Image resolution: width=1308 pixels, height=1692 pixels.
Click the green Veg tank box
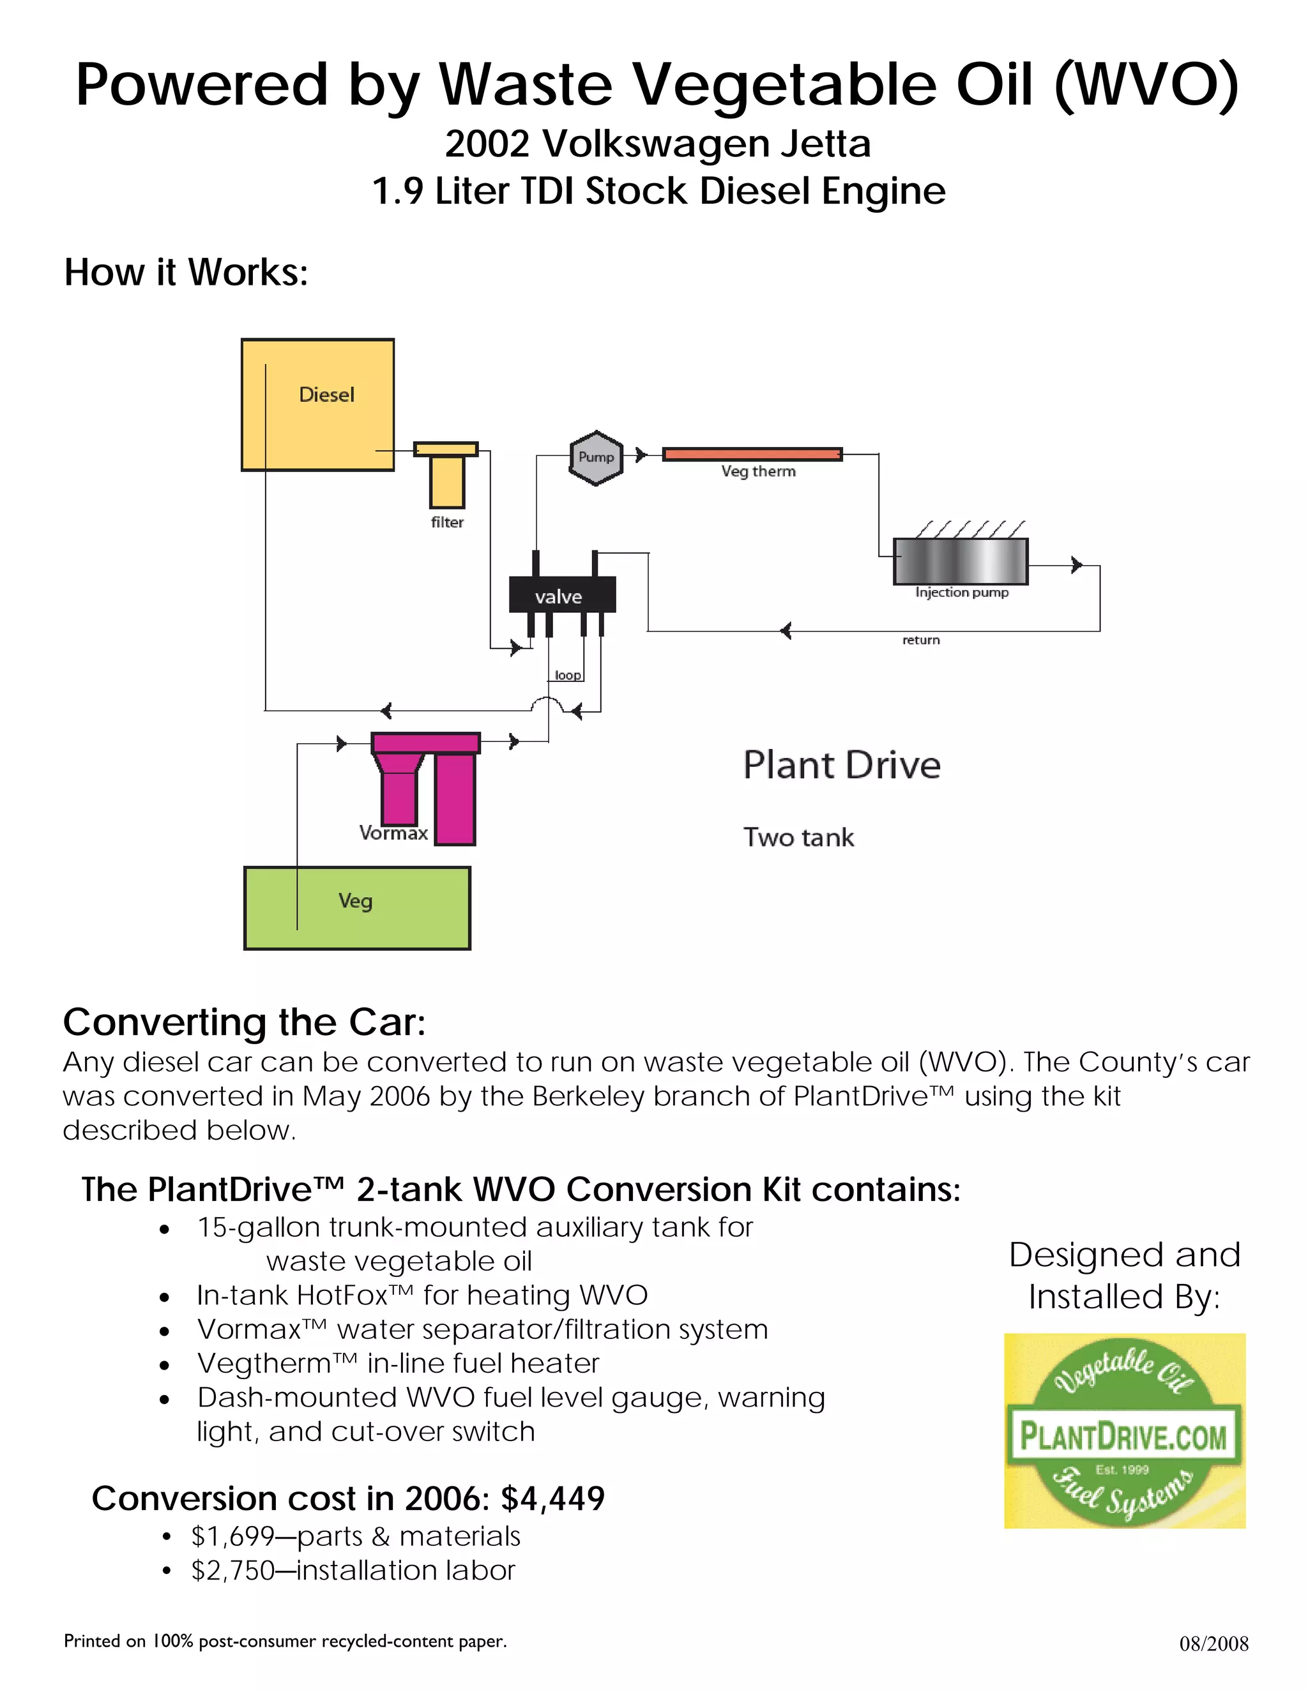pos(357,908)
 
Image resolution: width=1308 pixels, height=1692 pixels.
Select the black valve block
pos(562,595)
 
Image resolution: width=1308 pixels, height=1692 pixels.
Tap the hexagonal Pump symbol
pos(596,457)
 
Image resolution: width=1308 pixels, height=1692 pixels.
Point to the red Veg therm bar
pos(752,454)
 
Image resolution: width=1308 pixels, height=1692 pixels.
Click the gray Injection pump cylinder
pos(961,561)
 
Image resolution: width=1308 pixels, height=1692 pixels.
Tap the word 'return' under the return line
pos(920,640)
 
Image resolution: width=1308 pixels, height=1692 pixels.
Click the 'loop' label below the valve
pos(568,675)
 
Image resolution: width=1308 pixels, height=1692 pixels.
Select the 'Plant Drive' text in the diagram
pos(842,765)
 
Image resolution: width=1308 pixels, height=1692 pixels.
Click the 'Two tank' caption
pos(798,838)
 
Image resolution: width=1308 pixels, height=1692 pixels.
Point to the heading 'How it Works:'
pos(186,273)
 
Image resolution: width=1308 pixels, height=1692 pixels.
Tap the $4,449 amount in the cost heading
pos(552,1499)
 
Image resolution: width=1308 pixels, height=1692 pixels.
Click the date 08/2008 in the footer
pos(1213,1643)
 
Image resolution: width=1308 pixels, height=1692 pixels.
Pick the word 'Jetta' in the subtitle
pos(825,144)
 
